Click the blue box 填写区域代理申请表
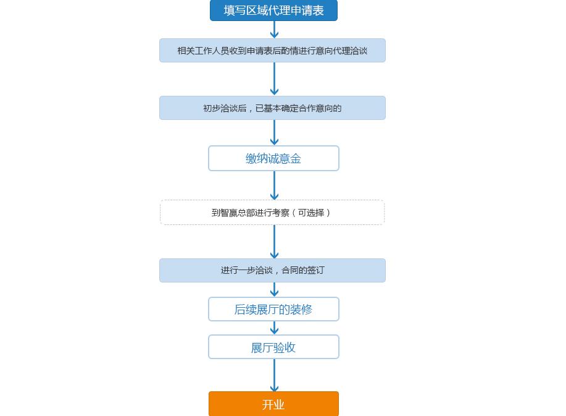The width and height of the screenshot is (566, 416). coord(273,11)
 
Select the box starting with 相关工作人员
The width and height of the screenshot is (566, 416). coord(272,51)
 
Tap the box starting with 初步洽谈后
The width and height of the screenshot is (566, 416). coord(272,108)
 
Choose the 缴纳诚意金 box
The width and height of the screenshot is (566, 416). coord(273,158)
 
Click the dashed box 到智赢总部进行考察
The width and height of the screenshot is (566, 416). coord(272,213)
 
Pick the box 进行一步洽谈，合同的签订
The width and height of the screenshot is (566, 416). coord(272,270)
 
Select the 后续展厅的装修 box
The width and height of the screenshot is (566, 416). coord(273,309)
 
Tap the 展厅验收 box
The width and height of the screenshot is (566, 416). coord(273,347)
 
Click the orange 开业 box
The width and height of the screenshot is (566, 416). coord(273,404)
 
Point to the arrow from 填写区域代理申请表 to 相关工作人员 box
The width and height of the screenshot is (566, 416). coord(274,30)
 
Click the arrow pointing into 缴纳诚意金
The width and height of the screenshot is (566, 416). coord(274,132)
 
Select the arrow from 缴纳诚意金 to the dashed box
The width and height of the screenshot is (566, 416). coord(274,185)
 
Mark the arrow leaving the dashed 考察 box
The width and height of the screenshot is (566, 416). coord(274,242)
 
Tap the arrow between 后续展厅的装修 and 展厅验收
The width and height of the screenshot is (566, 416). coord(274,328)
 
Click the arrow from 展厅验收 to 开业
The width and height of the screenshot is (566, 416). coord(274,375)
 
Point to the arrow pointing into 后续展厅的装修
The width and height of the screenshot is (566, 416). coord(274,289)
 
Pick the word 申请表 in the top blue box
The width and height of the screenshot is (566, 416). coord(309,11)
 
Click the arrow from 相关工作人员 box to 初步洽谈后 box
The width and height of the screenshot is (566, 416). coord(274,79)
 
